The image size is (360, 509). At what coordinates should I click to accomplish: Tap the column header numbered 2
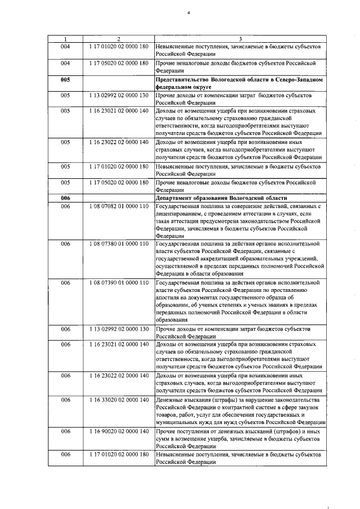point(118,39)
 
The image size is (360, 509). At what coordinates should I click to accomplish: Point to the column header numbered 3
point(240,39)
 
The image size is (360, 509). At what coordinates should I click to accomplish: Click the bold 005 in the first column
point(65,80)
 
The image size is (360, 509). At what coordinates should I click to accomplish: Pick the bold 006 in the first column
point(65,198)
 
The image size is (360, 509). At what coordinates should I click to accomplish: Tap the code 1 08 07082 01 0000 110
point(118,206)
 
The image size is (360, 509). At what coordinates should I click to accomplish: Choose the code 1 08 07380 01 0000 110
point(118,244)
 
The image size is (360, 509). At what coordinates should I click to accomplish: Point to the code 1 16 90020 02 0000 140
point(118,431)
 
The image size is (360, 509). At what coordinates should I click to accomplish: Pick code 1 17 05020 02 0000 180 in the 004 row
point(118,64)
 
